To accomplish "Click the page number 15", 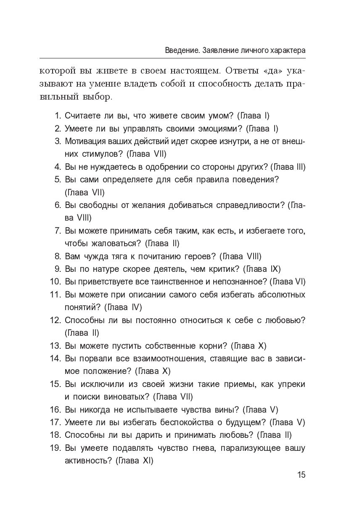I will click(x=301, y=475).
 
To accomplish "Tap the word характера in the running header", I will click(x=283, y=50).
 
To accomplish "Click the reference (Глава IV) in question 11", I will click(x=122, y=307).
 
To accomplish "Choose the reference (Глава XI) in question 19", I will click(x=133, y=460).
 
